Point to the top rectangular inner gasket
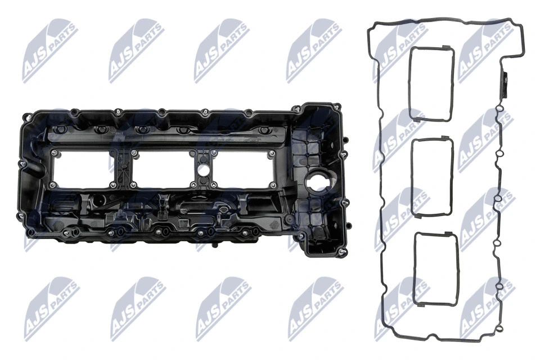[431, 84]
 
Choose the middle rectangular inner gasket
[432, 176]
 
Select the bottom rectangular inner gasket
[435, 269]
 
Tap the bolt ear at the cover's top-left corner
[25, 118]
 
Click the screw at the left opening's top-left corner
[53, 153]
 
